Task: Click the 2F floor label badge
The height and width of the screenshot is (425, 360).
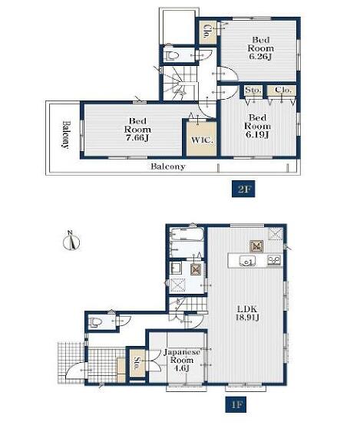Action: (x=243, y=189)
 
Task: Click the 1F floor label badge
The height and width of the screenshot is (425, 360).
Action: (x=236, y=404)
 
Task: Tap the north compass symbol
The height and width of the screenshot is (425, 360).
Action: (x=71, y=240)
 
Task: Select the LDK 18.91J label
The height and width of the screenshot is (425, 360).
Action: (x=247, y=313)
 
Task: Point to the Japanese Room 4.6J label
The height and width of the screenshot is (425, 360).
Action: (x=182, y=360)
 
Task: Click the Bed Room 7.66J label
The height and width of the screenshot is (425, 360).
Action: (x=137, y=130)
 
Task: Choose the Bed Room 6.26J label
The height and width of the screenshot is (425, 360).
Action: (x=260, y=48)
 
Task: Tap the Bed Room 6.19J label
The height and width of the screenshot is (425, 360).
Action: (x=257, y=126)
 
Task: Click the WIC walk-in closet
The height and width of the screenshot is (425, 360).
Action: (x=201, y=139)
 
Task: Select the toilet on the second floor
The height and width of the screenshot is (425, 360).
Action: (x=172, y=56)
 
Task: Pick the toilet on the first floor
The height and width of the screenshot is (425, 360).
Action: (x=95, y=321)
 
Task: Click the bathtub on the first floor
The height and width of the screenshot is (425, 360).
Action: (x=187, y=234)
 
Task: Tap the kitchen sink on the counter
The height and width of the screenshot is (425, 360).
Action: (x=247, y=262)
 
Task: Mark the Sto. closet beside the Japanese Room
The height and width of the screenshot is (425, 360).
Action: (x=137, y=363)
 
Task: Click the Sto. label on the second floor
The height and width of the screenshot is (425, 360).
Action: (x=253, y=90)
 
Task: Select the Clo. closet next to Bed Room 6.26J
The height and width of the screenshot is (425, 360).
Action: (x=207, y=32)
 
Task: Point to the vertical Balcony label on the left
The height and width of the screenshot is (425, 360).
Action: (x=65, y=135)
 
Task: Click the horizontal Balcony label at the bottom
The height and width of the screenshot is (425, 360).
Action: (x=168, y=166)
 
